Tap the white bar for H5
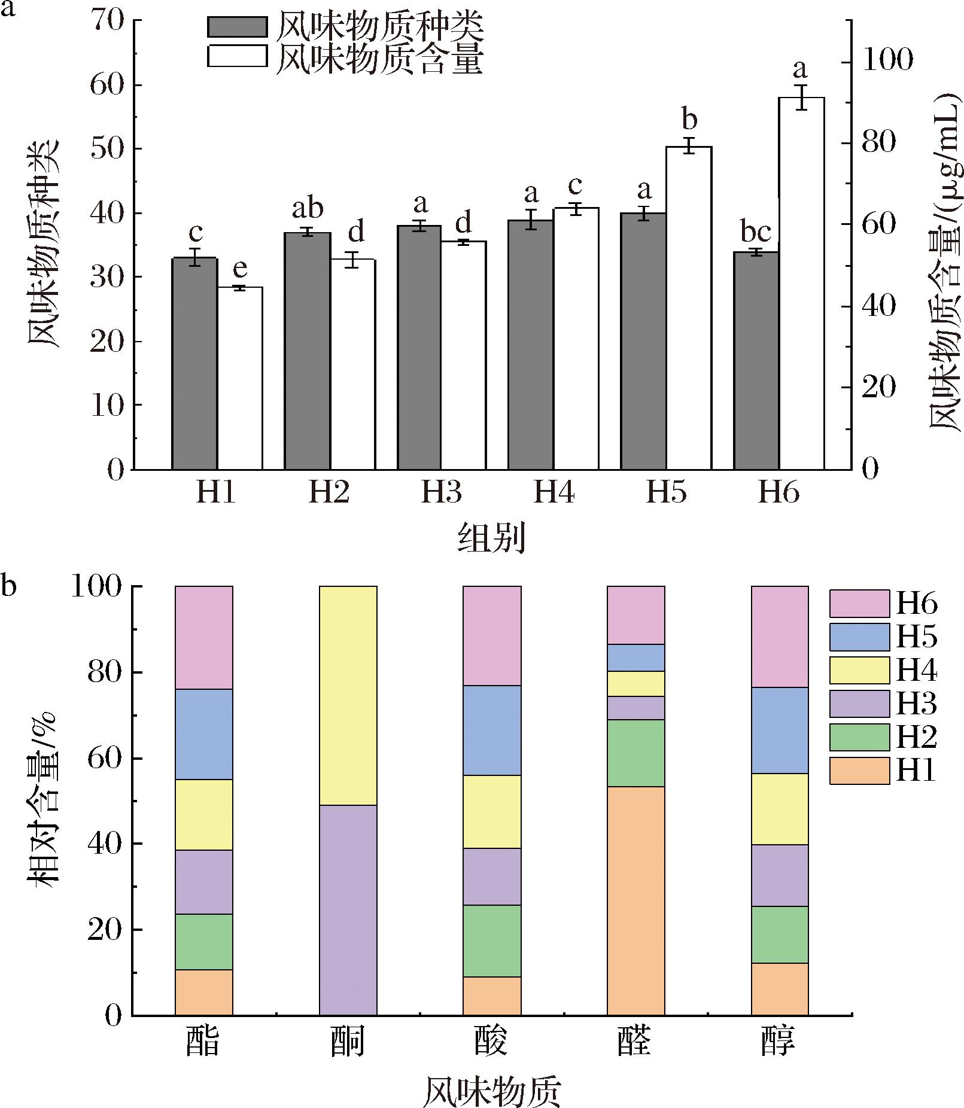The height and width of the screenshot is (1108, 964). tap(689, 308)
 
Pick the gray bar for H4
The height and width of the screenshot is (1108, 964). tap(531, 345)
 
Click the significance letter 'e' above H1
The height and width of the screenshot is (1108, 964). tap(240, 269)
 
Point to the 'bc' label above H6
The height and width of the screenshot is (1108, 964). tap(756, 233)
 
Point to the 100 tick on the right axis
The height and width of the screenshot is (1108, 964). tap(887, 62)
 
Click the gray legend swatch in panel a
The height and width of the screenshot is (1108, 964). tap(237, 27)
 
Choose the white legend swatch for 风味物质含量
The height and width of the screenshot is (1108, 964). tap(237, 56)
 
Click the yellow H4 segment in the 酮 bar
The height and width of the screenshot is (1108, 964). tap(348, 695)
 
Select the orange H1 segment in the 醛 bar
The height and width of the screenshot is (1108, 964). tap(635, 900)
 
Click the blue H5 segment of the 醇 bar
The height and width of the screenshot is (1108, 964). tap(779, 730)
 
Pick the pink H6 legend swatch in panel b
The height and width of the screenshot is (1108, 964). tap(859, 604)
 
